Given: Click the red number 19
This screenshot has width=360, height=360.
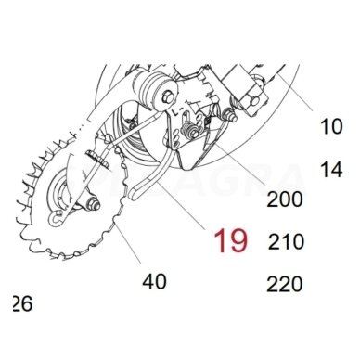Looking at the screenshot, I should click(x=231, y=242).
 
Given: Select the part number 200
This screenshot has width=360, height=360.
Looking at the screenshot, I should click(x=283, y=199).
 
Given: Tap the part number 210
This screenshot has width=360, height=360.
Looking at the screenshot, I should click(x=285, y=242).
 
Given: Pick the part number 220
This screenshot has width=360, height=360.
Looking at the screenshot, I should click(x=285, y=284).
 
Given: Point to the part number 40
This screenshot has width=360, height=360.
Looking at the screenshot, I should click(x=153, y=279).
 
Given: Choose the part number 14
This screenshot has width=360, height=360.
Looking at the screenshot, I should click(x=331, y=169).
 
